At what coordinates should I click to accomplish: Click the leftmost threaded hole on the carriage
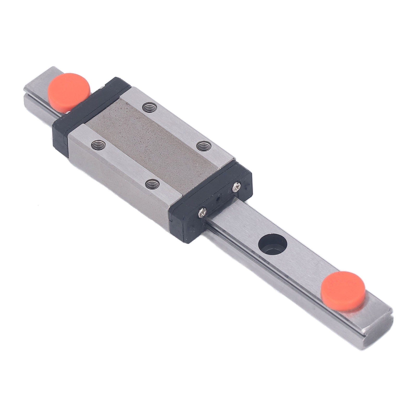click(98, 144)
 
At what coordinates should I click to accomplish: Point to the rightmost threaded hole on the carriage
click(203, 146)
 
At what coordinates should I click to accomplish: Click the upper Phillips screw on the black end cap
click(236, 186)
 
